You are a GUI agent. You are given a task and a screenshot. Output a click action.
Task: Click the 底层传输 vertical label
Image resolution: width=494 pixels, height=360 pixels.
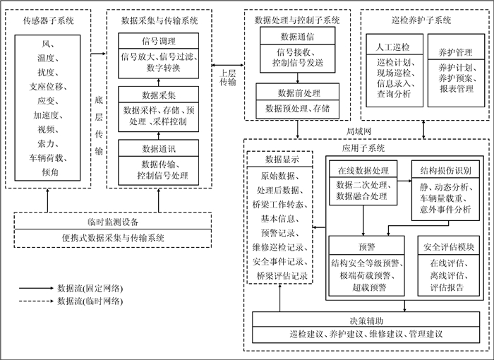point(99,127)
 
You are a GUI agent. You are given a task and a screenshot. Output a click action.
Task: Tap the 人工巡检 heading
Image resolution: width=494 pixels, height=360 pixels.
point(395,48)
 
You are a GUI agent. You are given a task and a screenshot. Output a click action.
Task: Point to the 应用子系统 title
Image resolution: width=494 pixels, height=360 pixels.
point(361,148)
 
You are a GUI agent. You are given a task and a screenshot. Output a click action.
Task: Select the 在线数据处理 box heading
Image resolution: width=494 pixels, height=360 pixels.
point(363,172)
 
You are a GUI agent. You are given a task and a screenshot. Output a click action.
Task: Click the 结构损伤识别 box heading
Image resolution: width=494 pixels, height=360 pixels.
point(446,172)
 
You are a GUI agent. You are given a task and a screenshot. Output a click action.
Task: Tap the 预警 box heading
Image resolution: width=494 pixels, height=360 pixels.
point(367,248)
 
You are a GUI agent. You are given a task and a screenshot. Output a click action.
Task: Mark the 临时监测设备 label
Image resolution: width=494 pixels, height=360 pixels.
point(113,221)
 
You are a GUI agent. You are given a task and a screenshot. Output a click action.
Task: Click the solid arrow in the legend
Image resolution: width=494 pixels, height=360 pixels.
point(37,288)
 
